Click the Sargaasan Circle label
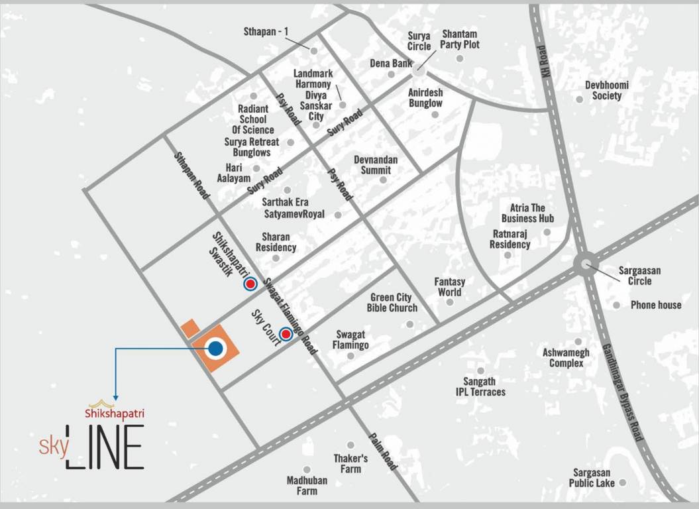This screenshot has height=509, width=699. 639,276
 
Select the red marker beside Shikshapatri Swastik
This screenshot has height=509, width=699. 250,284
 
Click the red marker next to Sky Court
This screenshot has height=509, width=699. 286,335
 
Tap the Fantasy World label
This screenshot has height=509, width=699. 449,287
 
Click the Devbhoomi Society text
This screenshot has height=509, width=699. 607,90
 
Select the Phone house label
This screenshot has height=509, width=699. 656,305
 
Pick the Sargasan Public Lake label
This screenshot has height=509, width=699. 593,477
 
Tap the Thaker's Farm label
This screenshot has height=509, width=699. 350,463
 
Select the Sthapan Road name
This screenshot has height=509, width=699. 191,175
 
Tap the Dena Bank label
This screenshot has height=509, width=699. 391,64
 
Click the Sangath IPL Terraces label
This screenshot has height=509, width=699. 480,386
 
